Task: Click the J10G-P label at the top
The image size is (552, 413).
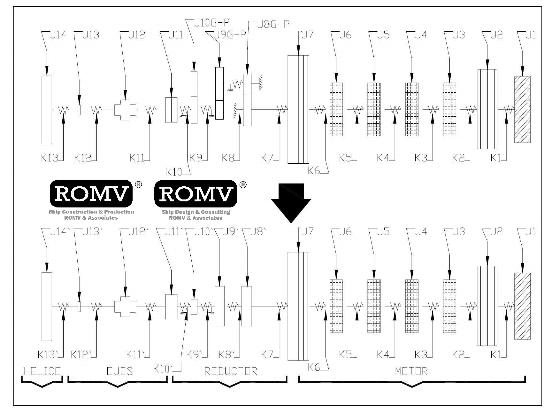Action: click(212, 23)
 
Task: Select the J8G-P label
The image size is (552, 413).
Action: click(273, 24)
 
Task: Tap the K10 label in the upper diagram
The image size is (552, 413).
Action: click(174, 172)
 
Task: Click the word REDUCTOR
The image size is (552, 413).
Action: click(230, 371)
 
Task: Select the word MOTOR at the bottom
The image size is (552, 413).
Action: click(411, 371)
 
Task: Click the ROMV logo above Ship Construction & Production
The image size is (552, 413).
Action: click(91, 194)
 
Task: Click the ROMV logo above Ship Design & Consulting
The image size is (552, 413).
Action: click(195, 194)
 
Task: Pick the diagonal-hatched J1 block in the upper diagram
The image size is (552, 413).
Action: click(522, 109)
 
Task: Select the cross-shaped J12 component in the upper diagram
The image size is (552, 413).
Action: click(125, 109)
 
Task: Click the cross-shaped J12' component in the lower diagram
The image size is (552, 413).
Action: click(125, 306)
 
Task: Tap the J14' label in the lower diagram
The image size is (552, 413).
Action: click(60, 231)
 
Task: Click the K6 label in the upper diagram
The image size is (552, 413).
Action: click(314, 170)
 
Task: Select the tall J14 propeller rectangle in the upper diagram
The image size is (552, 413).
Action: click(47, 110)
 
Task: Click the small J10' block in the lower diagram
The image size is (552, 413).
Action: click(194, 307)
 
